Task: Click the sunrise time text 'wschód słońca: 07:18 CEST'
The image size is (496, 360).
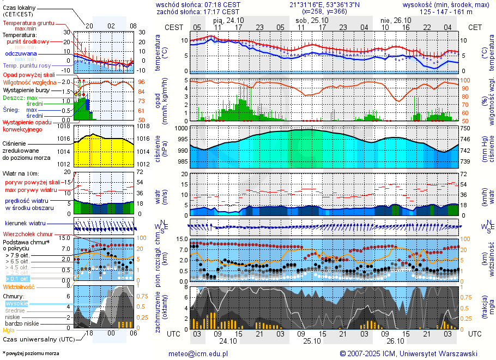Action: pyautogui.click(x=198, y=4)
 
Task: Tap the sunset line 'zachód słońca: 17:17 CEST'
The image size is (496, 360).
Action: pyautogui.click(x=198, y=11)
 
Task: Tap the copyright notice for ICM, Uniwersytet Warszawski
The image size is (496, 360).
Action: pyautogui.click(x=408, y=353)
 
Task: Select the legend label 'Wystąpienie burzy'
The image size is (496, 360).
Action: pyautogui.click(x=26, y=89)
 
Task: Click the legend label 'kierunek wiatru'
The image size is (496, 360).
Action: pyautogui.click(x=25, y=224)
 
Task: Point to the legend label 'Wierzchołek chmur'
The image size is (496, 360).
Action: pyautogui.click(x=27, y=234)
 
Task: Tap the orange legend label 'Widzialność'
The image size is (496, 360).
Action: pyautogui.click(x=19, y=286)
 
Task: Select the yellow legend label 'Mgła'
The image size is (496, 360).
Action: pyautogui.click(x=9, y=330)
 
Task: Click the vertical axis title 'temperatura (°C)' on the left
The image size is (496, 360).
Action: pyautogui.click(x=158, y=53)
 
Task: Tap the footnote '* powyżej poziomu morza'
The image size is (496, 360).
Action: pyautogui.click(x=31, y=353)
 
